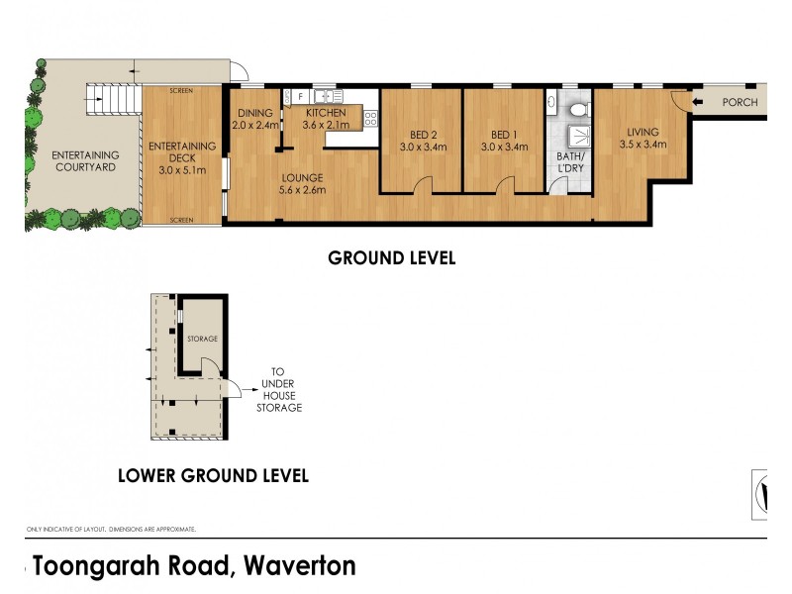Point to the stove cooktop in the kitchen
(x=371, y=118)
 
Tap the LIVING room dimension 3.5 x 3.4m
(x=643, y=145)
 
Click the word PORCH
(x=740, y=102)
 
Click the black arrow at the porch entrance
(x=699, y=102)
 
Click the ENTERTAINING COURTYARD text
(x=85, y=161)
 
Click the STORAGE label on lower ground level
(x=202, y=340)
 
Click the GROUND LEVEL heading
(x=391, y=258)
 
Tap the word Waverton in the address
(x=297, y=566)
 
